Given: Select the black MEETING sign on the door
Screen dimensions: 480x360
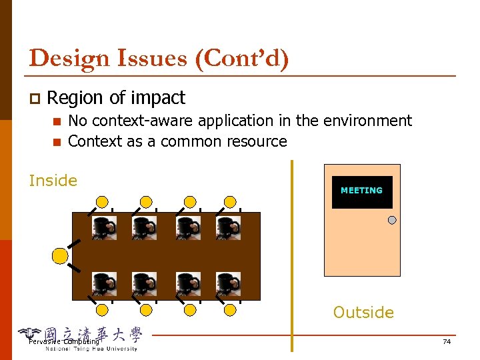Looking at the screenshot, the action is tap(362, 191).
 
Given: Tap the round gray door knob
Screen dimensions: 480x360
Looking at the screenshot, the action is tap(392, 220).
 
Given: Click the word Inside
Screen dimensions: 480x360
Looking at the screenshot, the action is tap(53, 181).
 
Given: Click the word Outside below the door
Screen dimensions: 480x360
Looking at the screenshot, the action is tap(363, 312).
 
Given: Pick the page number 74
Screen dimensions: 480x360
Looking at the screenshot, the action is tap(447, 342).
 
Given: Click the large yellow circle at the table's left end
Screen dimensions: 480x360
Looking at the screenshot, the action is tap(60, 255).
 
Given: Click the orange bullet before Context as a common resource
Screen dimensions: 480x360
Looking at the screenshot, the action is tap(57, 142).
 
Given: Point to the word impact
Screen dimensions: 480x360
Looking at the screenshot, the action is tap(158, 98).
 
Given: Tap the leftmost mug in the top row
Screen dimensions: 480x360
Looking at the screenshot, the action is tap(104, 227).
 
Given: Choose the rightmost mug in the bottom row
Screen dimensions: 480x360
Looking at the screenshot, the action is tap(228, 284).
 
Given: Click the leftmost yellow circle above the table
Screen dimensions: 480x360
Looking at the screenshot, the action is tap(102, 201).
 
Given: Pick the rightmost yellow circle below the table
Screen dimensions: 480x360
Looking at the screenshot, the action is tap(230, 309).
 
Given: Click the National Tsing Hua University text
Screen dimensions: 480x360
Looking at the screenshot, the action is tap(91, 349).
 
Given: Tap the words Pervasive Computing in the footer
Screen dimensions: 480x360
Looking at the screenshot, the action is tap(64, 342).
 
